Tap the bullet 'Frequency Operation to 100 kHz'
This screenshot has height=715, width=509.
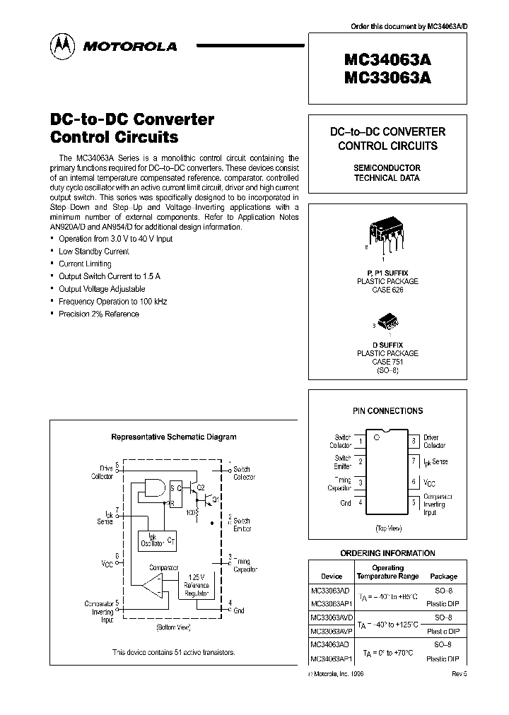[x=113, y=302]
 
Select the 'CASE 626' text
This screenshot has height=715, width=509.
[x=387, y=290]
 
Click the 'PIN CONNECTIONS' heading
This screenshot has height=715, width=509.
[x=387, y=410]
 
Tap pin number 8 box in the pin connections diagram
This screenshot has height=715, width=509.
[x=414, y=442]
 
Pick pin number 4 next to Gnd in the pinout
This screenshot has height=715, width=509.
[x=361, y=503]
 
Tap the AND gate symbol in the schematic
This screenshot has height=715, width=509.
[x=153, y=486]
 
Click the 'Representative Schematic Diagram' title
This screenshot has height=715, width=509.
[x=174, y=437]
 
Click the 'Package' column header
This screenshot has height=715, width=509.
[x=443, y=577]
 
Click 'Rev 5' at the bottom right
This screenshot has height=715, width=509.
[x=460, y=673]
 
